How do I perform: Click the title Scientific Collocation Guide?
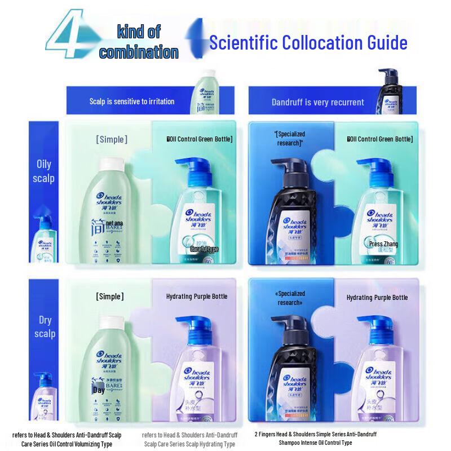tap(308, 43)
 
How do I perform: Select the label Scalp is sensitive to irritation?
tap(132, 101)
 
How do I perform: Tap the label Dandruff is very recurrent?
tap(317, 102)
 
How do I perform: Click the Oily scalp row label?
tap(44, 171)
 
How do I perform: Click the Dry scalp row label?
tap(45, 326)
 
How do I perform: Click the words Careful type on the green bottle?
tap(204, 249)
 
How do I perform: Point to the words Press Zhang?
tap(383, 244)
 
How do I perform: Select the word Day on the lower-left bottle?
tap(99, 390)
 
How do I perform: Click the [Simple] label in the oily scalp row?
tap(112, 139)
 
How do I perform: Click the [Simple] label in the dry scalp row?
tap(110, 297)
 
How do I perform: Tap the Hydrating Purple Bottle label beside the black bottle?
tap(377, 297)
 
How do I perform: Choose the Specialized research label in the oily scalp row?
tap(290, 139)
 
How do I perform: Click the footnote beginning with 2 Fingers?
tap(315, 439)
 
